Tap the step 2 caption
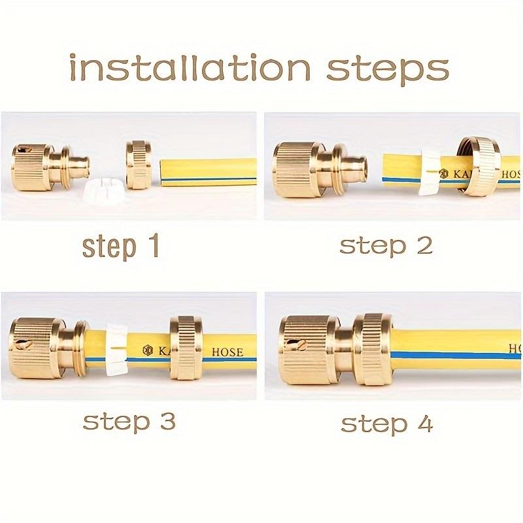(386, 246)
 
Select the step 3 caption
(129, 421)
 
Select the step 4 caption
(386, 423)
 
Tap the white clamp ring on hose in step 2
(431, 172)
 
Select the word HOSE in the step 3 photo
(227, 352)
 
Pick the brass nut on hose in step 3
(186, 346)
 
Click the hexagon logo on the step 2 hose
(443, 174)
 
